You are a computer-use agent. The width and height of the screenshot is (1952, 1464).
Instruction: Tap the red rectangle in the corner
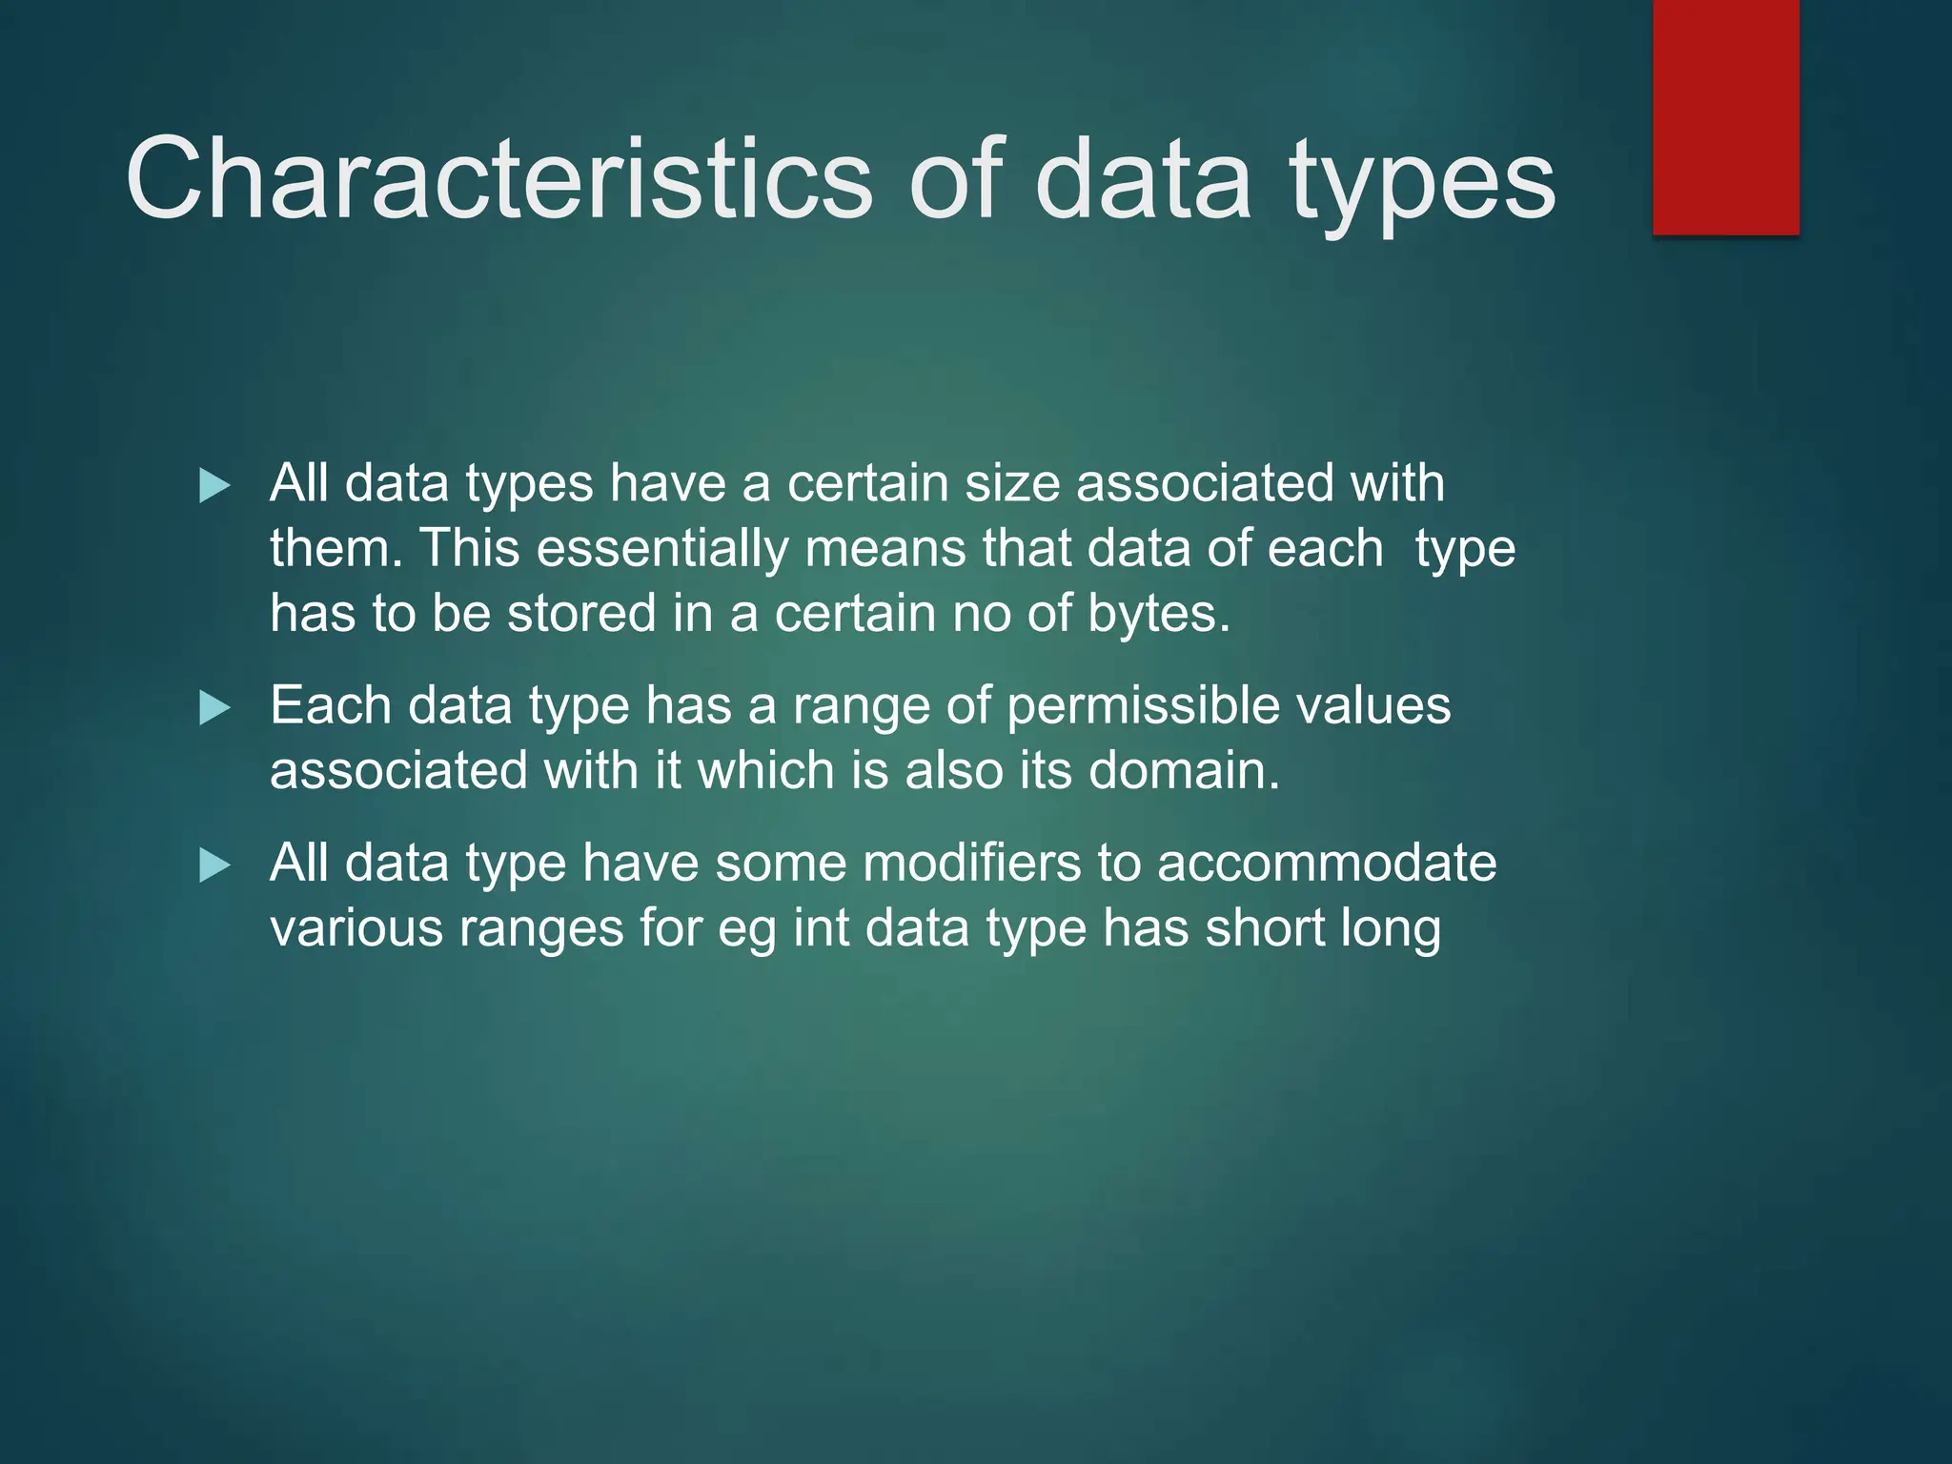coord(1725,116)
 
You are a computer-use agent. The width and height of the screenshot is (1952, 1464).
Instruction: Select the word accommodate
coord(1327,864)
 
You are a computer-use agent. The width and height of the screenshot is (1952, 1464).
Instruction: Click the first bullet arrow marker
coord(214,486)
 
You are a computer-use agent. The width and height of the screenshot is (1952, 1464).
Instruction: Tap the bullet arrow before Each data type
coord(214,708)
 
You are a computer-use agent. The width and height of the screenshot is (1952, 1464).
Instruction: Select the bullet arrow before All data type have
coord(214,865)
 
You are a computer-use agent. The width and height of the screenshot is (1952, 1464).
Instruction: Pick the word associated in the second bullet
coord(398,770)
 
